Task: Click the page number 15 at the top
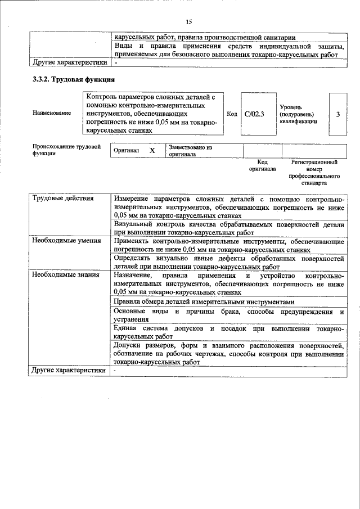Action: pos(188,21)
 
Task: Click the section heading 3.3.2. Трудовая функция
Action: pos(74,80)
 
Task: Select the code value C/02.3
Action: pos(254,114)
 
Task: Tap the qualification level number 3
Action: pos(337,114)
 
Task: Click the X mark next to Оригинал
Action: pos(152,151)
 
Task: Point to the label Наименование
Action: pos(52,114)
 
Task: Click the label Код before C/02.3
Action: pos(231,114)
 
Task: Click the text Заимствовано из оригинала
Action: pos(190,151)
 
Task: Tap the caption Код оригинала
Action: pos(262,165)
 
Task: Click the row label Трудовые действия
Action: pos(63,199)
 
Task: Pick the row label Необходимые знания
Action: pos(66,275)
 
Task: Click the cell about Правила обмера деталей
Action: pos(204,301)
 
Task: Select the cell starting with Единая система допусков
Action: pos(228,332)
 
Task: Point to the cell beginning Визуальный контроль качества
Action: pos(228,228)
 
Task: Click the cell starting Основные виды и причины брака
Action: pos(228,315)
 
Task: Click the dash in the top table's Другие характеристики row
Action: pos(115,63)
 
